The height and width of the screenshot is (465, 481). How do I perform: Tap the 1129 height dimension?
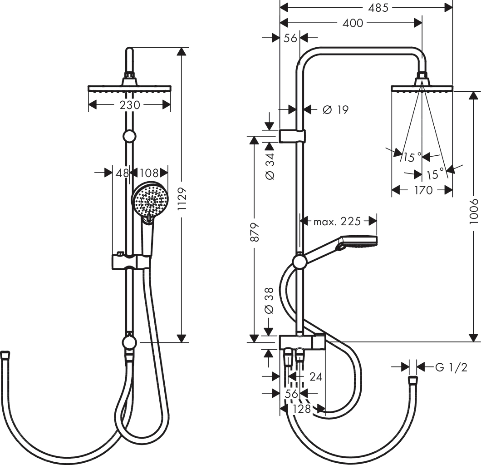point(182,198)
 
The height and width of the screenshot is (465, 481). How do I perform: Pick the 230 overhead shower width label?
point(129,105)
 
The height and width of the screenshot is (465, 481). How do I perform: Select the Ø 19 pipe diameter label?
point(335,109)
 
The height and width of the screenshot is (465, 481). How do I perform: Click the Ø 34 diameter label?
point(270,165)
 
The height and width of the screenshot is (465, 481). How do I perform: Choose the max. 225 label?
point(337,221)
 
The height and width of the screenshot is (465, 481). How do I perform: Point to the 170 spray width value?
point(423,190)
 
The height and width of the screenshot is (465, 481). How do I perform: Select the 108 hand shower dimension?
point(148,173)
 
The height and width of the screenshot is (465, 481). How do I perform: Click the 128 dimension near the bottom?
point(301,409)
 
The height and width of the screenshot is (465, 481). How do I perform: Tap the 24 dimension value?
point(316,376)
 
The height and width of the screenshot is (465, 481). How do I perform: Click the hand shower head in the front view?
point(150,200)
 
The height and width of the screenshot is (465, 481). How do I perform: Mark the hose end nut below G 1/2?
point(412,381)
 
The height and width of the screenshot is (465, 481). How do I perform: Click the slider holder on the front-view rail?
point(131,262)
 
